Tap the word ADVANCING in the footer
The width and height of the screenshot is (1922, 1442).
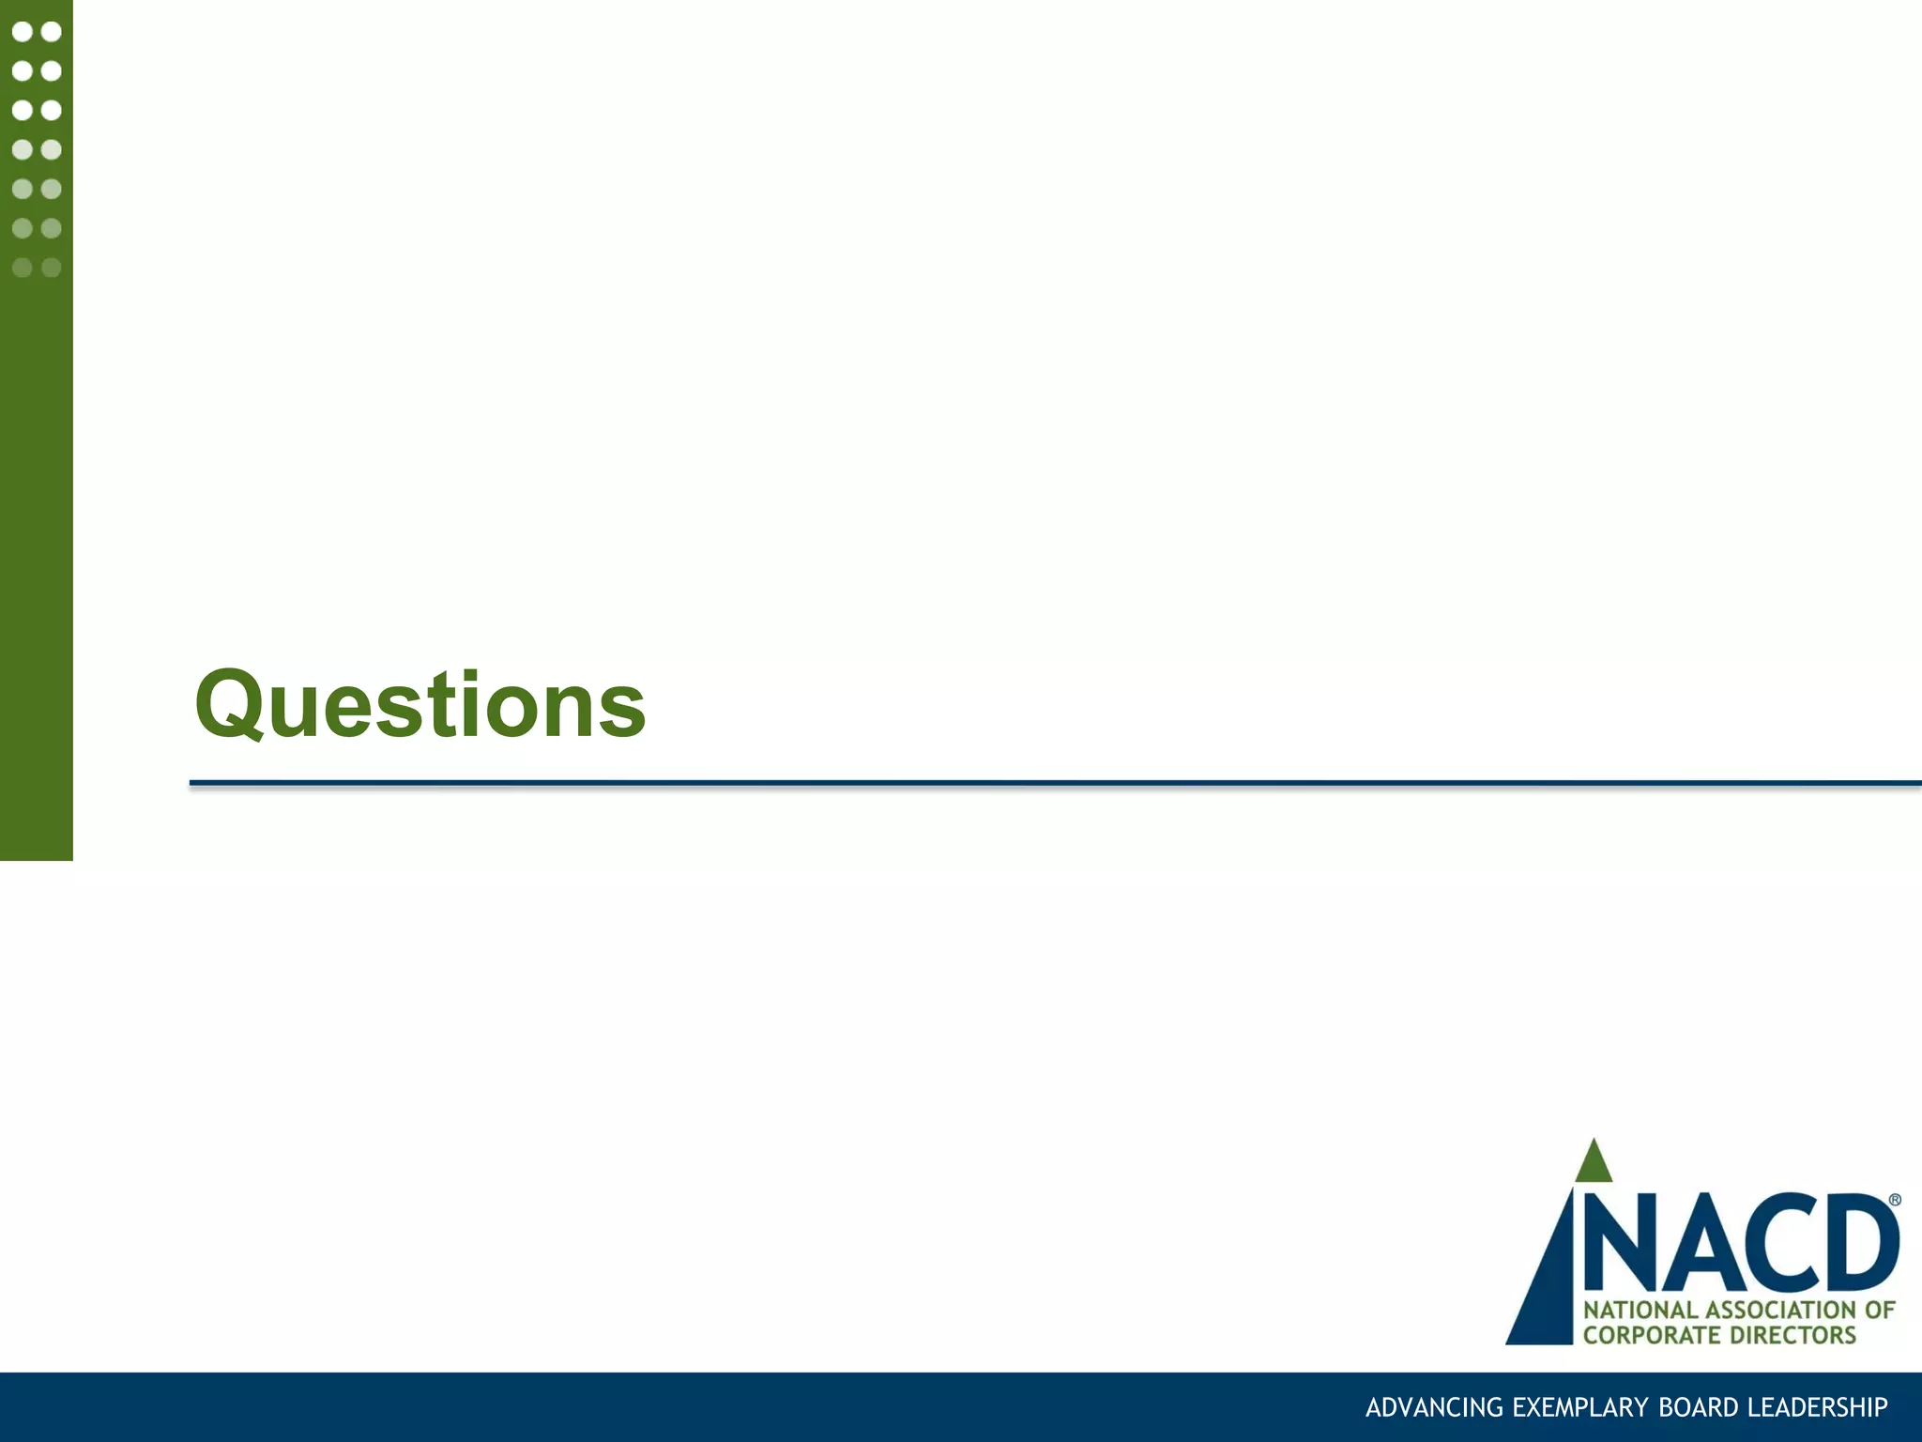coord(1434,1408)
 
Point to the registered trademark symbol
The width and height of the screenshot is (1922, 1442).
coord(1894,1200)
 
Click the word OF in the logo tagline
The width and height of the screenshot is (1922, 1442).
coord(1880,1310)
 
